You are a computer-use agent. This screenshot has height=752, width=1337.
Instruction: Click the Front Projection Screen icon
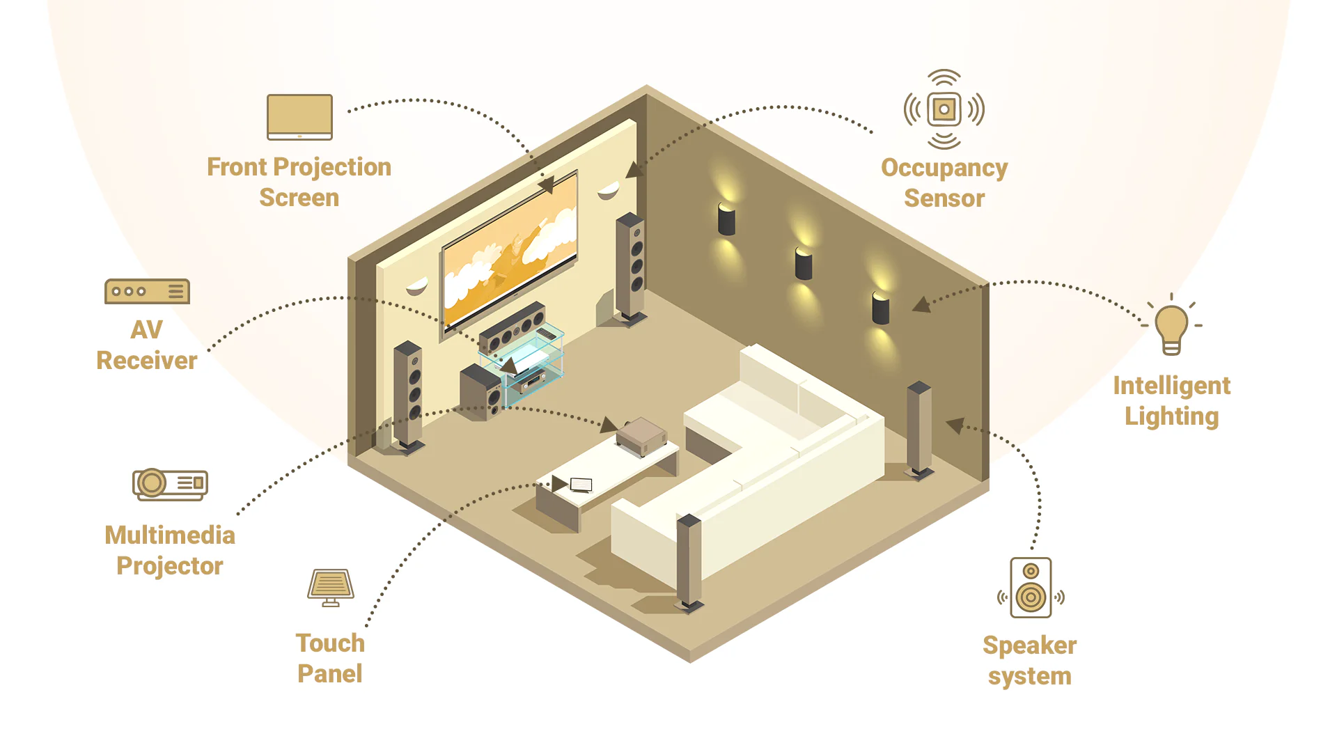tap(299, 117)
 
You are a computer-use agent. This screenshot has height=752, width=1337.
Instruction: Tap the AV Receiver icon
tap(147, 291)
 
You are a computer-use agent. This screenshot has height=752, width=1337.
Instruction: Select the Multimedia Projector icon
tap(170, 483)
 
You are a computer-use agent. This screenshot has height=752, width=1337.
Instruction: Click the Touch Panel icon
tap(331, 587)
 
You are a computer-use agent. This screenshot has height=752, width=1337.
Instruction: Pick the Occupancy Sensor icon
tap(944, 109)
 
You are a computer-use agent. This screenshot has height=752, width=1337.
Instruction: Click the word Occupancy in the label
tap(944, 168)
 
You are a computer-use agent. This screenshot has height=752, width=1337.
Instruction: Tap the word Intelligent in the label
tap(1171, 385)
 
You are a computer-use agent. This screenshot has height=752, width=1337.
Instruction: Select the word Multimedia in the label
tap(170, 535)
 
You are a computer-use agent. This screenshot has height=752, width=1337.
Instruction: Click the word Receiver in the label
tap(147, 360)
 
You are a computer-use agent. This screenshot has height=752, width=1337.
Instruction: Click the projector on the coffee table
tap(641, 436)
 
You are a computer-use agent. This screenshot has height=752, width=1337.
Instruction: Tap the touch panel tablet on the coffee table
tap(581, 485)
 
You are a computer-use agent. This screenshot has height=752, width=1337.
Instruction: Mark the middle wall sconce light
tap(804, 263)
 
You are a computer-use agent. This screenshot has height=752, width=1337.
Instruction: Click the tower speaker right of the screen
tap(630, 268)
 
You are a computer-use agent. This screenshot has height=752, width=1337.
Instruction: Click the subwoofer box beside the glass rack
tap(480, 392)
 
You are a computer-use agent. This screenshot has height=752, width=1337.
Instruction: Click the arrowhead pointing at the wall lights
tap(922, 304)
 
